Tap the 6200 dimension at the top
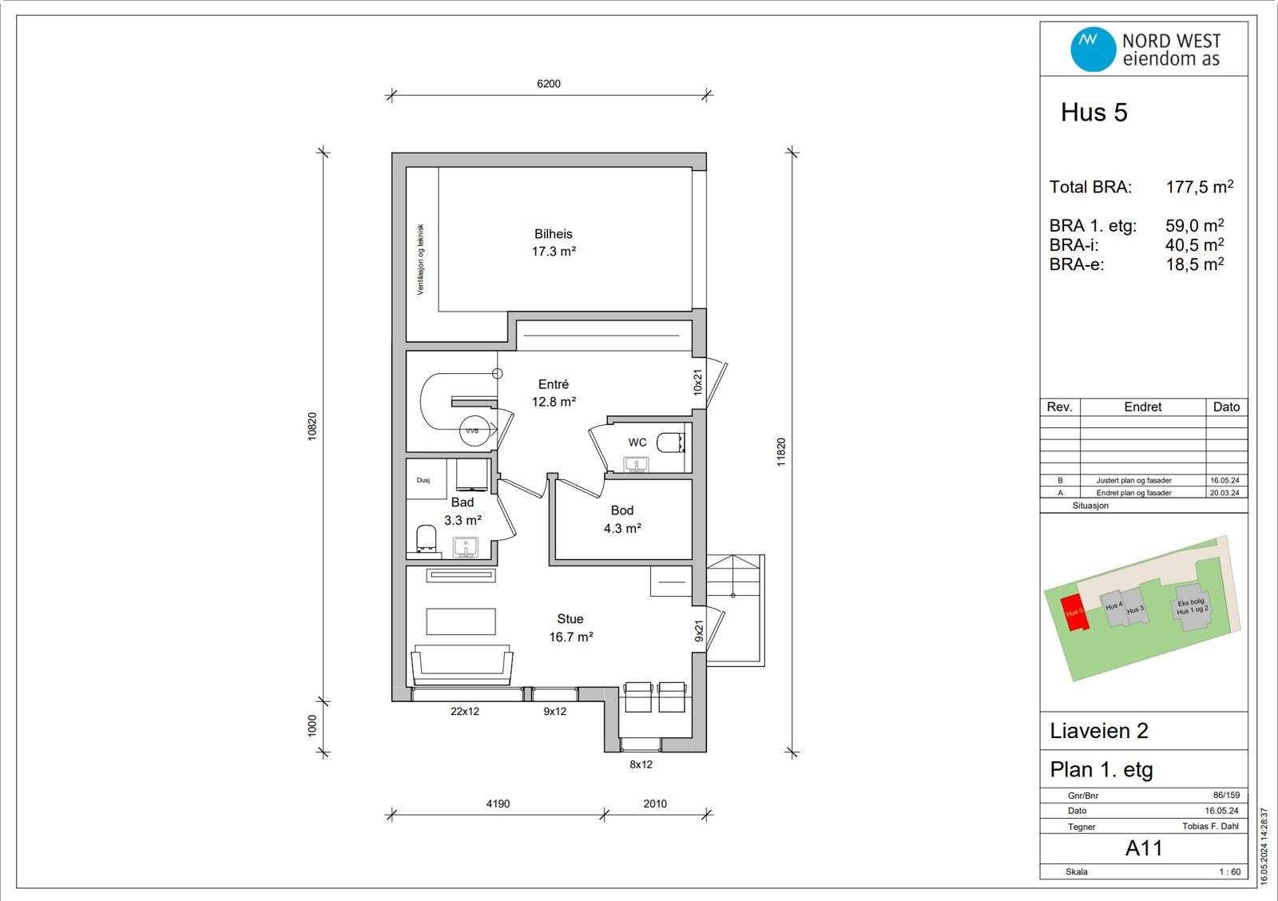point(549,83)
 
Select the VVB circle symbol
point(474,431)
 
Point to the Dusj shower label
point(423,480)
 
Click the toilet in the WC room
point(670,443)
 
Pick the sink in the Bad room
point(466,546)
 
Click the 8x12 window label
point(641,764)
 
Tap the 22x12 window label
point(465,711)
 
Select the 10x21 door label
point(698,383)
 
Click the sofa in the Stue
point(462,665)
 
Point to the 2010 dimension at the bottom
point(655,804)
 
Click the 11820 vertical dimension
point(781,452)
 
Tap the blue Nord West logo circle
point(1093,49)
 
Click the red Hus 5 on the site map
point(1074,613)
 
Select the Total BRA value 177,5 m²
point(1199,187)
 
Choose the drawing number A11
point(1144,848)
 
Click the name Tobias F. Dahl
point(1210,826)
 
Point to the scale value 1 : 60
point(1229,872)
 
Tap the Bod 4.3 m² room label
point(622,519)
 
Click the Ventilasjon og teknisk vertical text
point(420,259)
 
